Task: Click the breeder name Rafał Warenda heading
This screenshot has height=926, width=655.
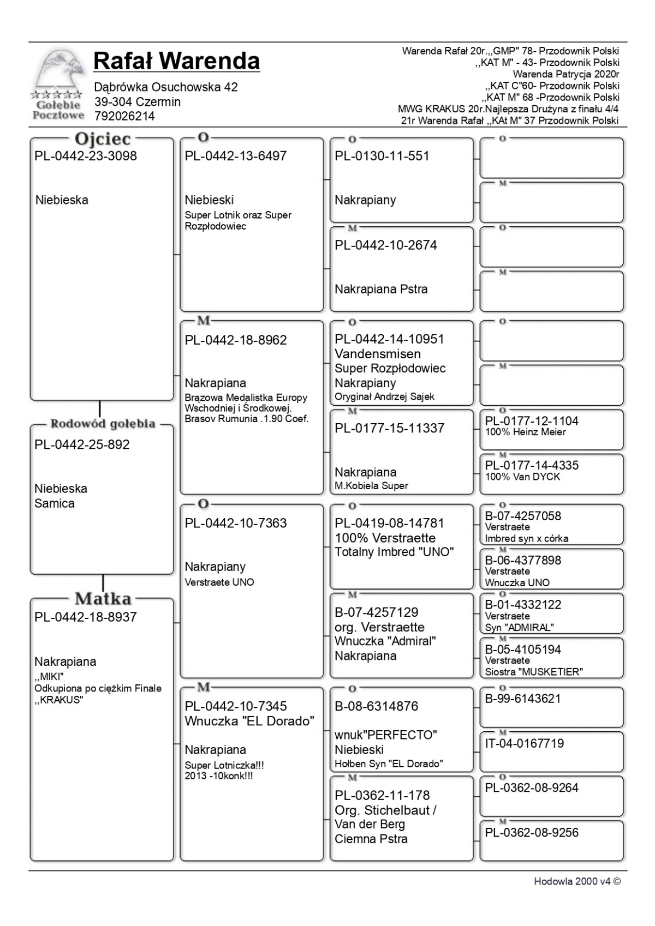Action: tap(176, 61)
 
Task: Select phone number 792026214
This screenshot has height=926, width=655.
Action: tap(124, 116)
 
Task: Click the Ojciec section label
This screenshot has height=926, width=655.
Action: tap(103, 139)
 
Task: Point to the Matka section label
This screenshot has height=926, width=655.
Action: tap(103, 599)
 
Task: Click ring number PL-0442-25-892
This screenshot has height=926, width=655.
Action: tap(82, 444)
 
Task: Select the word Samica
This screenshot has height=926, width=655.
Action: tap(55, 503)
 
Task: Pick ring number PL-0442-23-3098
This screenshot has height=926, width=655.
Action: tap(86, 156)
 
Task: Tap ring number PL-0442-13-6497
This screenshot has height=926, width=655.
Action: tap(235, 156)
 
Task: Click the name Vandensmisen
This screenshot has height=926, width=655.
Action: tap(378, 354)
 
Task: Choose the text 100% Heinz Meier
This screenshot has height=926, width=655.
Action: tap(525, 432)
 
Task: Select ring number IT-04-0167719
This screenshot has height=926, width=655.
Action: tap(524, 743)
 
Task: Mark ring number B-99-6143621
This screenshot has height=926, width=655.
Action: tap(523, 699)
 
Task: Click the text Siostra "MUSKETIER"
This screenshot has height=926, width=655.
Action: tap(534, 672)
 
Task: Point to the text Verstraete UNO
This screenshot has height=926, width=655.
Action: tap(219, 582)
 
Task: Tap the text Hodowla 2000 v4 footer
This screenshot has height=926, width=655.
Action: tap(577, 881)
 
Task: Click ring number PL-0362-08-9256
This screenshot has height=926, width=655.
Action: tap(524, 832)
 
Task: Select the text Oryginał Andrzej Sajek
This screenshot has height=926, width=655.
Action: tap(384, 396)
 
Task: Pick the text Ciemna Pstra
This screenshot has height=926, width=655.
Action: tap(371, 839)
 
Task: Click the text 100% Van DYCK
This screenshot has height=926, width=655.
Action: tap(522, 477)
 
